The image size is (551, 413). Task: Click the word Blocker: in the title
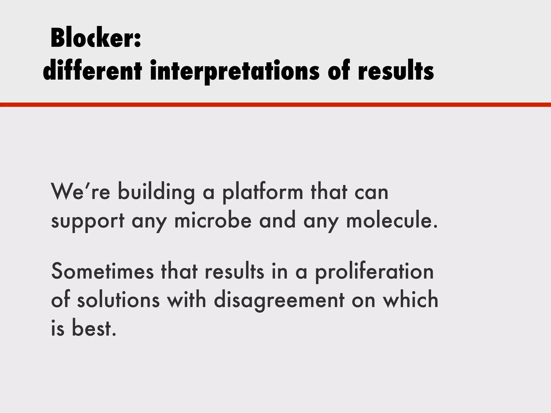(96, 38)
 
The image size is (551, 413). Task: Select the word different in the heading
(92, 71)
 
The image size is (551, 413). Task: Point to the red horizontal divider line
(275, 105)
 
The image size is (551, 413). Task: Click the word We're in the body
(80, 192)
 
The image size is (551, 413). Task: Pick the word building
(156, 192)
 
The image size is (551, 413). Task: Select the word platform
(263, 192)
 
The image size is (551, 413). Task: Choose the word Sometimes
(103, 272)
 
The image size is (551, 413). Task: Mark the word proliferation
(374, 272)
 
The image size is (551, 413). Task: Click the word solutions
(118, 300)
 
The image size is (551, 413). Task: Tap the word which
(411, 300)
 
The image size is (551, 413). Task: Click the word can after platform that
(371, 192)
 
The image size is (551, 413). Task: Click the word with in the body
(186, 300)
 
